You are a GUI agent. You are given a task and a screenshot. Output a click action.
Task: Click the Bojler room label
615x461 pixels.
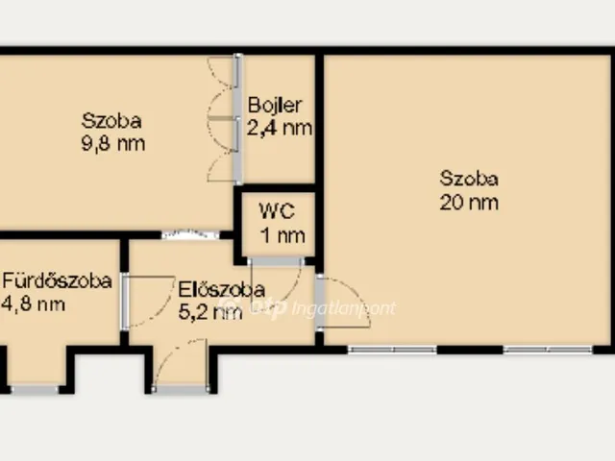click(x=275, y=105)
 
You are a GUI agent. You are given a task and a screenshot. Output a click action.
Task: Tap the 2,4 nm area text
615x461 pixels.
click(x=280, y=128)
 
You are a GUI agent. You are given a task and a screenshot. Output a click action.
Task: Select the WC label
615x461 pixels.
click(x=277, y=211)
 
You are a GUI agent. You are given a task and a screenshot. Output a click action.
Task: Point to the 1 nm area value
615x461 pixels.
click(x=283, y=236)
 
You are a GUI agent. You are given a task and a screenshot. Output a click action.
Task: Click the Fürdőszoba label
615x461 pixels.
click(x=58, y=280)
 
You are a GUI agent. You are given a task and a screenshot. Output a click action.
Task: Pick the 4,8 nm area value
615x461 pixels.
click(x=34, y=304)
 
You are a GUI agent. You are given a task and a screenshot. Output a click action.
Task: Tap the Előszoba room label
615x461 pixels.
click(x=222, y=290)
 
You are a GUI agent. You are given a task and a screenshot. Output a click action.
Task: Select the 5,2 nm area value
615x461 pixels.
click(x=210, y=312)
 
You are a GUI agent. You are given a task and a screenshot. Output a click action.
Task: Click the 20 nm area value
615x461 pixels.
click(x=469, y=203)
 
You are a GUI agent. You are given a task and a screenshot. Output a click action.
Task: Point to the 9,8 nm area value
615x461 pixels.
click(x=113, y=143)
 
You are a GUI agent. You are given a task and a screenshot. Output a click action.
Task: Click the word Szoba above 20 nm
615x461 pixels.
click(x=469, y=179)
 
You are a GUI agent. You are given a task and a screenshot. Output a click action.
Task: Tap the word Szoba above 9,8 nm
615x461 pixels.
click(x=111, y=120)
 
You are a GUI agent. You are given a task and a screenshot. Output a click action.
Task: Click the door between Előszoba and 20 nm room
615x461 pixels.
click(x=342, y=302)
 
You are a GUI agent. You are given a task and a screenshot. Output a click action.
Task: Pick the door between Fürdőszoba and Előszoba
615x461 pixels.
click(x=148, y=301)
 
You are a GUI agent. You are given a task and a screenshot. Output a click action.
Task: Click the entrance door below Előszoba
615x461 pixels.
click(x=181, y=366)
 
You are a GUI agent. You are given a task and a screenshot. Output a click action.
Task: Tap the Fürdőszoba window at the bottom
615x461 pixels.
click(x=35, y=389)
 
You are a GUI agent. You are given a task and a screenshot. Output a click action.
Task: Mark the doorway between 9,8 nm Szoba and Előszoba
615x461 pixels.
click(x=190, y=234)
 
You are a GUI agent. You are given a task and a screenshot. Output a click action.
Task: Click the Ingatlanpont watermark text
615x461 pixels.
click(x=344, y=308)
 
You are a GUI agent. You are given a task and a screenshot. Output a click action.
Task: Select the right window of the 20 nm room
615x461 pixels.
click(x=548, y=349)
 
